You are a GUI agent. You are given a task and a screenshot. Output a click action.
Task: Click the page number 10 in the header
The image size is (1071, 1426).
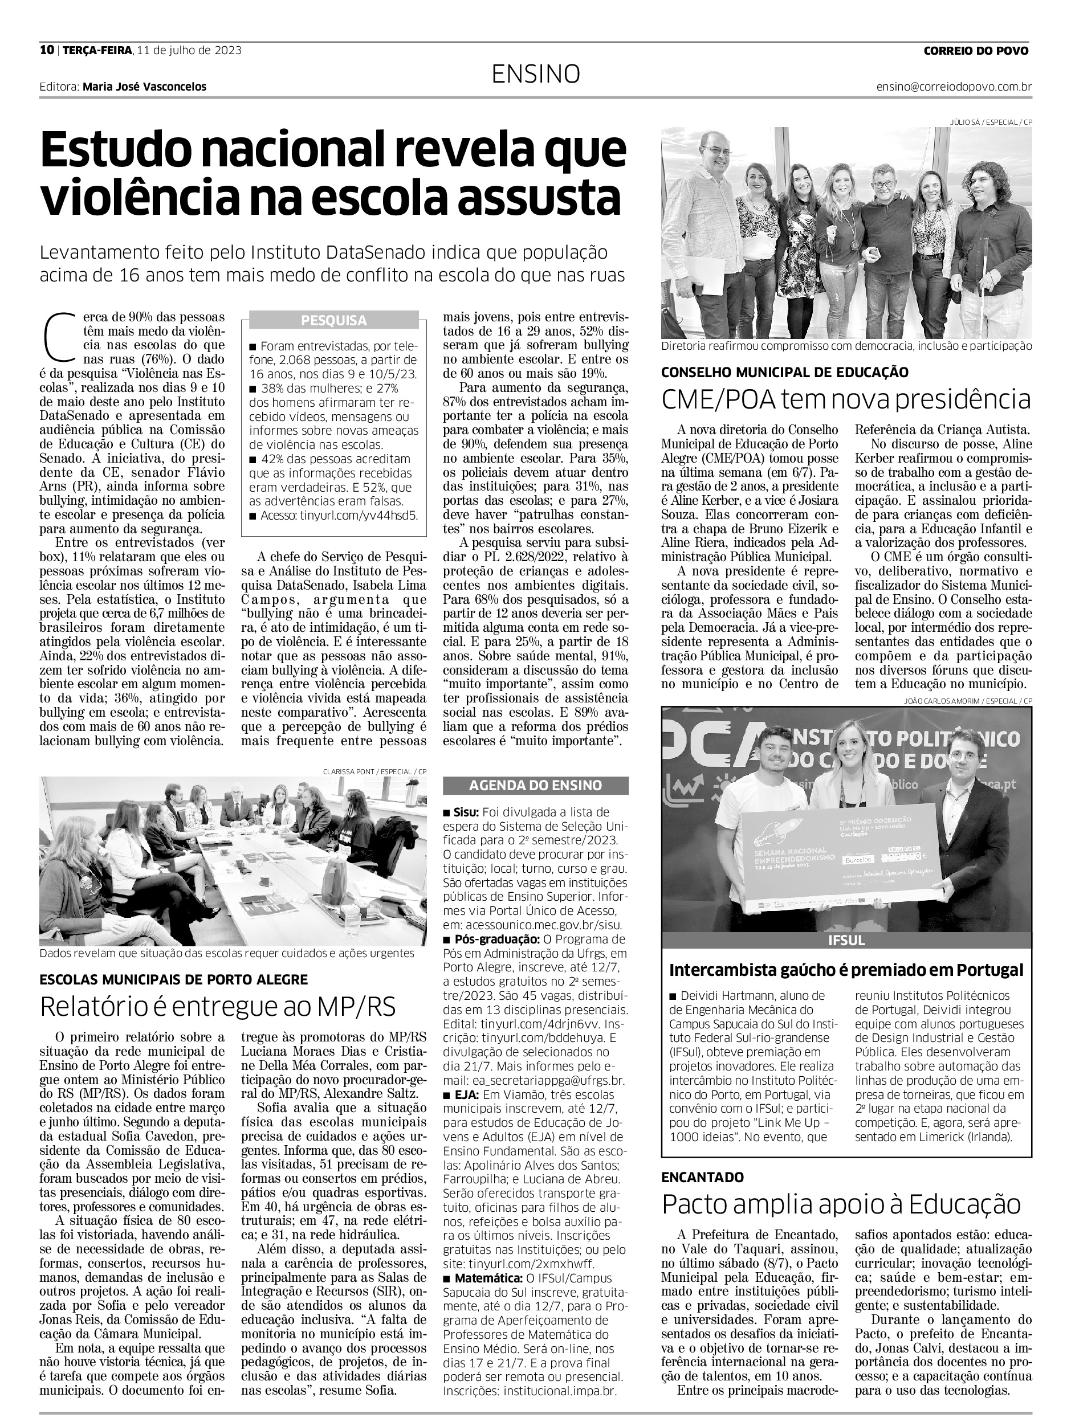(x=46, y=50)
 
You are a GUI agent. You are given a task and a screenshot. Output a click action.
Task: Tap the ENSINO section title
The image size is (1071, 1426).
(x=535, y=75)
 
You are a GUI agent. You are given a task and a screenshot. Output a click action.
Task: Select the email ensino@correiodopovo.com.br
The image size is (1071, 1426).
(x=954, y=87)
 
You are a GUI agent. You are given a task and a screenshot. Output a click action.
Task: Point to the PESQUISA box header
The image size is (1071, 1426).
(x=333, y=320)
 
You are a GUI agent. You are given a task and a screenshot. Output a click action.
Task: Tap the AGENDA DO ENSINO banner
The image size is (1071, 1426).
(x=535, y=785)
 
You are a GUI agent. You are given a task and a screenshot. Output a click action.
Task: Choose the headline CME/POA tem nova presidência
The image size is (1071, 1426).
(x=846, y=400)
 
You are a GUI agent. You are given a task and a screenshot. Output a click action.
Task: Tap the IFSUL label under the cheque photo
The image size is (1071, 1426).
(x=846, y=941)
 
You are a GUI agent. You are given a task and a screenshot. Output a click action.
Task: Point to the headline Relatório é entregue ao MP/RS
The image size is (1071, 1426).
(x=217, y=1006)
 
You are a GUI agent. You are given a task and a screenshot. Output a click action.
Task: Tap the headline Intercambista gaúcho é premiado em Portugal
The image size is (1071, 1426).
(x=846, y=970)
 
